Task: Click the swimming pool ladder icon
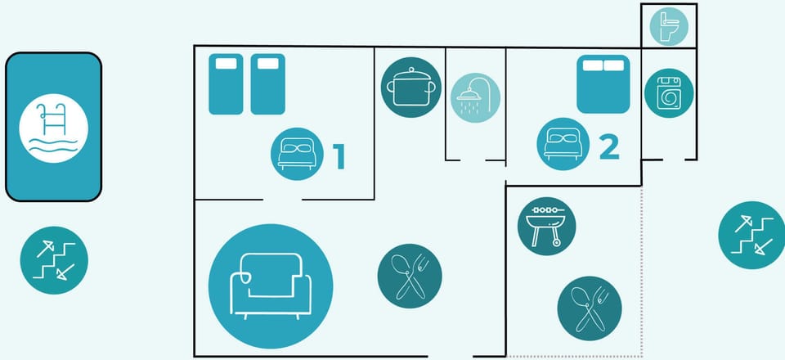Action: (54, 128)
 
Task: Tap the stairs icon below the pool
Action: (54, 260)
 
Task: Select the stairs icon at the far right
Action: (751, 236)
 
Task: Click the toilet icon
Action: (669, 26)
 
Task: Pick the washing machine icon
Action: (669, 93)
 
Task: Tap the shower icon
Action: (475, 98)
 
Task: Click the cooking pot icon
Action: (411, 87)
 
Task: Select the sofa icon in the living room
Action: (271, 286)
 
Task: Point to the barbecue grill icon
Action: (547, 227)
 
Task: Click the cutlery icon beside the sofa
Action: (410, 276)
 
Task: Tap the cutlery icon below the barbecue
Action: (590, 308)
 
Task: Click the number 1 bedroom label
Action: (339, 155)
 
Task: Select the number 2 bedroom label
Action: (609, 148)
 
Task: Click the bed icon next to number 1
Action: (297, 154)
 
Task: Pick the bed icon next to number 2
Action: (563, 144)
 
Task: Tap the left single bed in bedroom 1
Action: (226, 84)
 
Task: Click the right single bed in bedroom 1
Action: (268, 84)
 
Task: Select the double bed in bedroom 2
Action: (603, 84)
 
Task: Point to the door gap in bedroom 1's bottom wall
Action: (282, 200)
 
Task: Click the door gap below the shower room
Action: (473, 160)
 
